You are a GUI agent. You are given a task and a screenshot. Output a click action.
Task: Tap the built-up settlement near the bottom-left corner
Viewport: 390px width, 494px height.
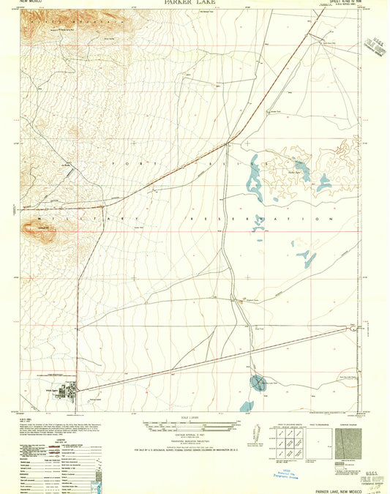(x=64, y=391)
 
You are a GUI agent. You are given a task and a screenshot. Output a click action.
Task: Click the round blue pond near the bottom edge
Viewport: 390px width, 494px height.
(x=257, y=381)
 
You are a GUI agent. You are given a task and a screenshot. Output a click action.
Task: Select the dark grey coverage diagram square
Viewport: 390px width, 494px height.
(x=348, y=444)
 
